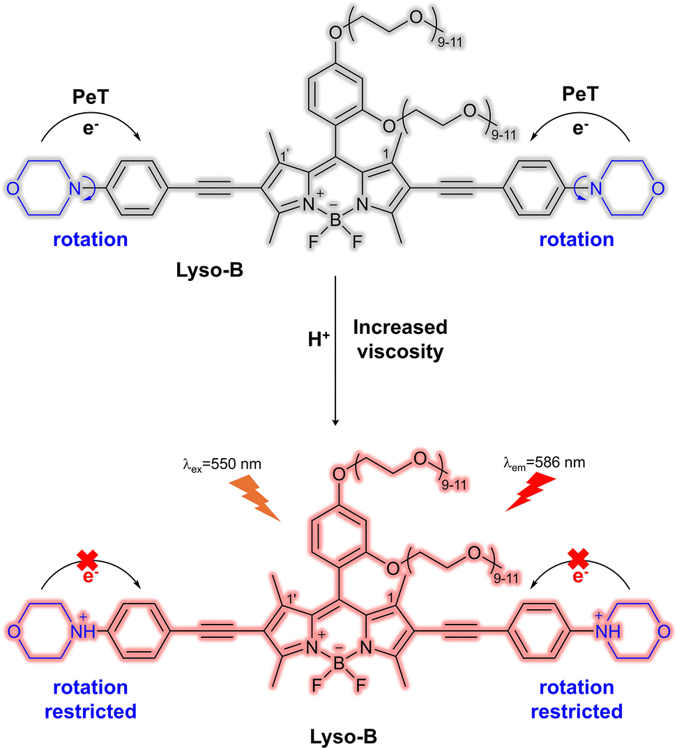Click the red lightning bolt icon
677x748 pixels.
click(x=530, y=492)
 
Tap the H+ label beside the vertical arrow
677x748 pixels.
click(x=319, y=339)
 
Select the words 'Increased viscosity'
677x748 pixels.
click(x=400, y=339)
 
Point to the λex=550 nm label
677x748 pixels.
click(x=222, y=464)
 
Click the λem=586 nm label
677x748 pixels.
click(x=544, y=463)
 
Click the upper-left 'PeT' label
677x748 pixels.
click(x=90, y=97)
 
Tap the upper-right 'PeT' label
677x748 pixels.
click(x=580, y=94)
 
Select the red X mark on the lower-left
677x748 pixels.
click(x=88, y=559)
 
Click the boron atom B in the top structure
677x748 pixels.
click(x=335, y=220)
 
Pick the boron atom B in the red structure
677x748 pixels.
click(x=339, y=664)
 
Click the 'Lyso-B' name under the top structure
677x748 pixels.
click(x=209, y=270)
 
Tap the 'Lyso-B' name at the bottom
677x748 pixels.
click(x=344, y=737)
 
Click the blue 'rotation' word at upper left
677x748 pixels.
click(x=90, y=240)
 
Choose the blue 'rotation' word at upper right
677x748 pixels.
click(x=577, y=240)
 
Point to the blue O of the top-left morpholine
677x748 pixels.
click(x=13, y=189)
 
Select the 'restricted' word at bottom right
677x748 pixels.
click(x=577, y=712)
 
